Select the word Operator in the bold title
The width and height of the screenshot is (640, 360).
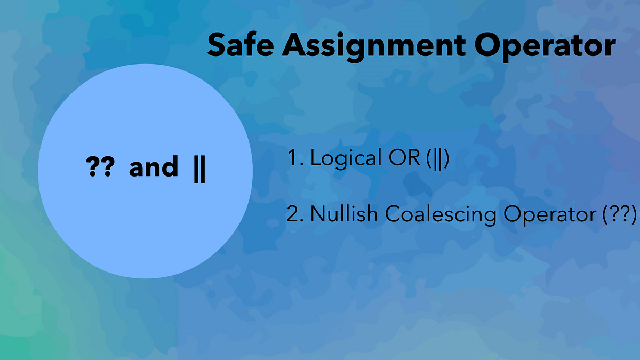click(544, 46)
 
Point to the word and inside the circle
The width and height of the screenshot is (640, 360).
click(154, 168)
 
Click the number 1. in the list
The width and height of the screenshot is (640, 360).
click(295, 158)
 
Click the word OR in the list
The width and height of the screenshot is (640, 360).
click(401, 158)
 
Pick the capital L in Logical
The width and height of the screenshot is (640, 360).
click(315, 158)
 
